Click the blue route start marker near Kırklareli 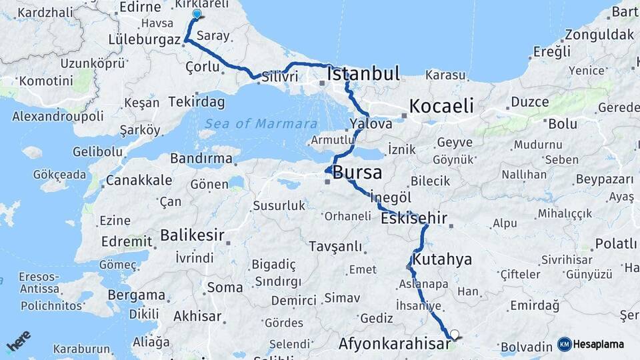(197, 14)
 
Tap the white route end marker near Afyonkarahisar (455, 335)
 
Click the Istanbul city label (364, 73)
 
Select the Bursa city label (357, 173)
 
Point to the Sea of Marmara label (261, 124)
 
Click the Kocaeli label (441, 105)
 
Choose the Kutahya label (442, 259)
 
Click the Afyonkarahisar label (395, 344)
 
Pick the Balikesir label (192, 235)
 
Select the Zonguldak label (599, 34)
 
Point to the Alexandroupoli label (58, 116)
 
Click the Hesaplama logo (591, 344)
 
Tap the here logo (18, 341)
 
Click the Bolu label (562, 123)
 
